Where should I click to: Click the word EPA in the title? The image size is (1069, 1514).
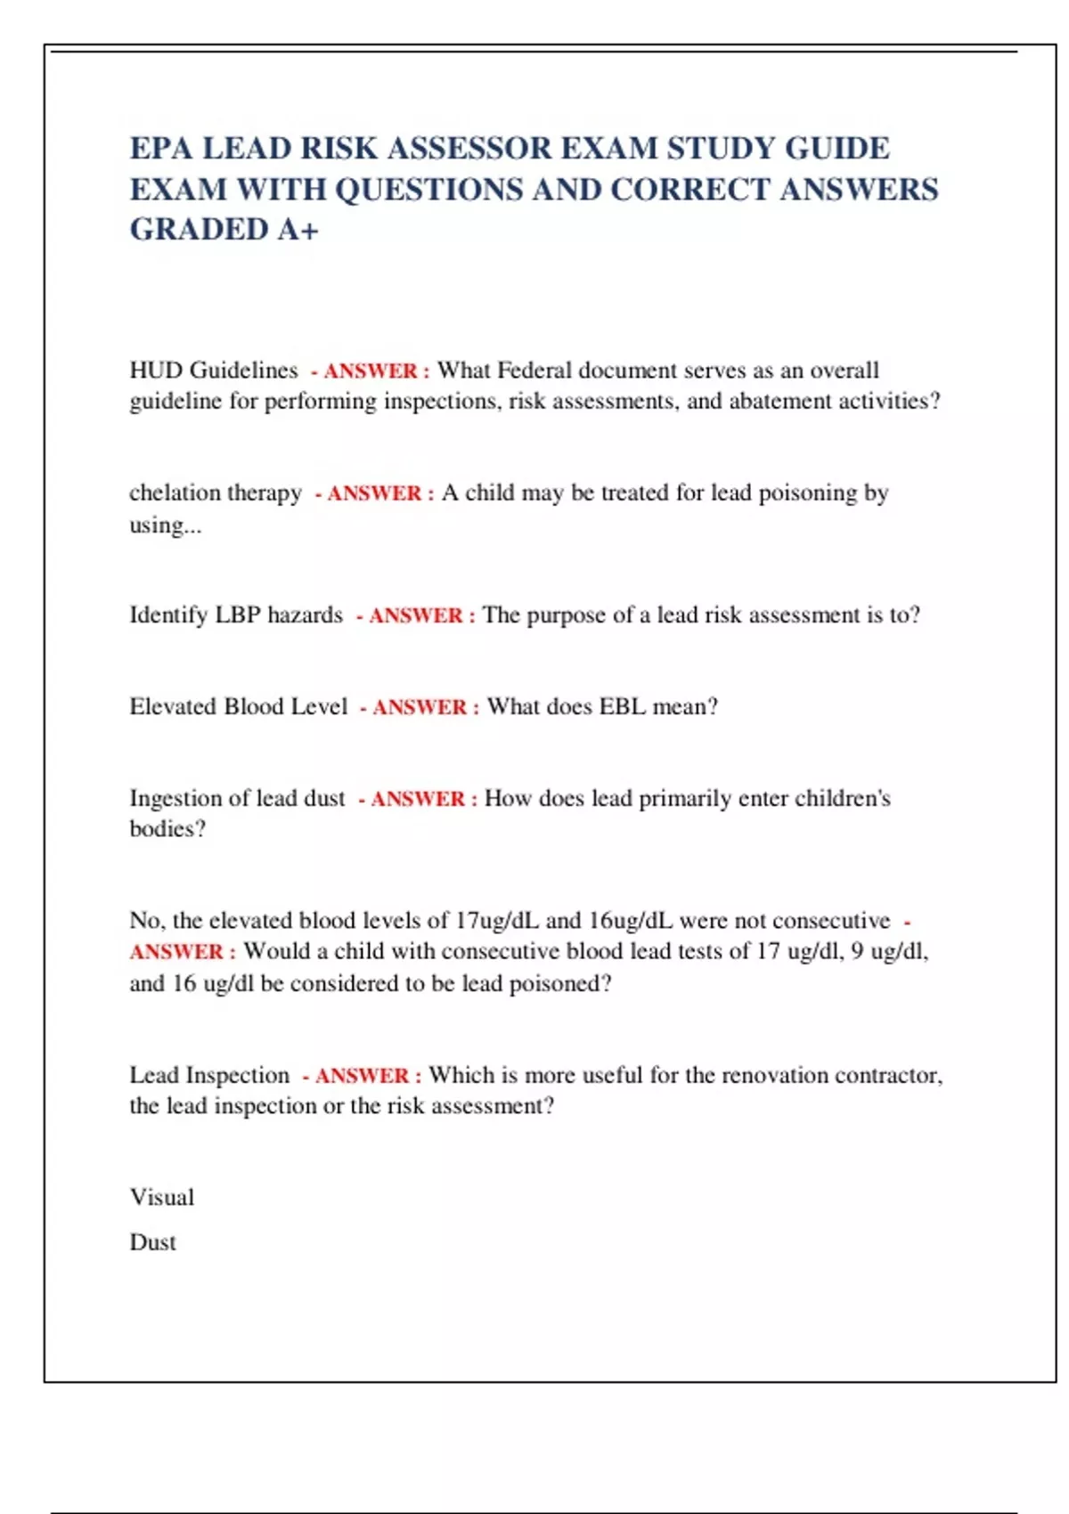point(160,148)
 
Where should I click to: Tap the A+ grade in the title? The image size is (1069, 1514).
point(298,230)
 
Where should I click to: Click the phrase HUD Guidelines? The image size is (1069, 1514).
point(214,370)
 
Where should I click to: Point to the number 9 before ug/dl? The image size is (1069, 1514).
point(857,952)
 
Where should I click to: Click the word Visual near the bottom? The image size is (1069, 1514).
point(162,1198)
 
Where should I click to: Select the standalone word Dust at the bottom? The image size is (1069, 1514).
point(153,1243)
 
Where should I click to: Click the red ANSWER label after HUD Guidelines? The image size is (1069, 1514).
point(371,371)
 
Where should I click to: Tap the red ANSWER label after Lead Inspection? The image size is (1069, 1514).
point(363,1076)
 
